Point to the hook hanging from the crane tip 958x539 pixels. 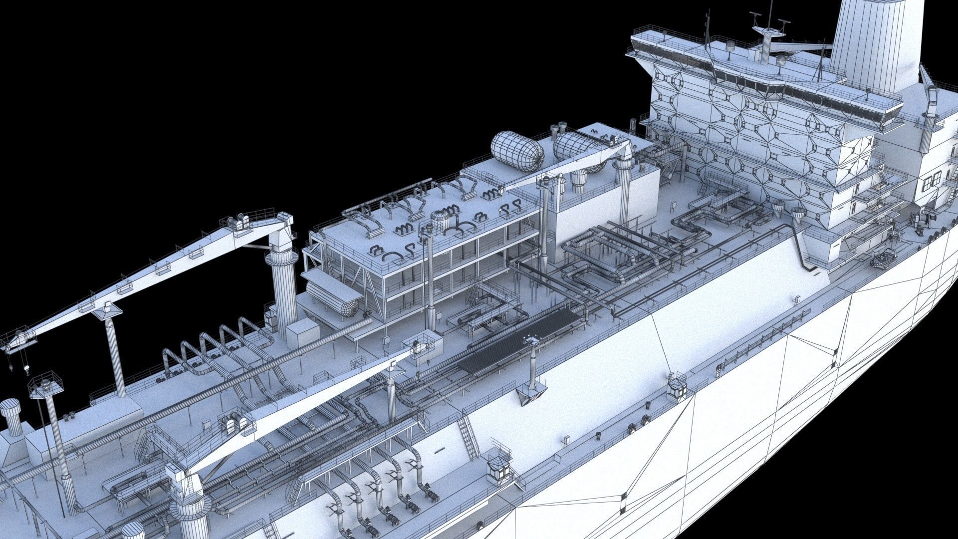pyautogui.click(x=26, y=370)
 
